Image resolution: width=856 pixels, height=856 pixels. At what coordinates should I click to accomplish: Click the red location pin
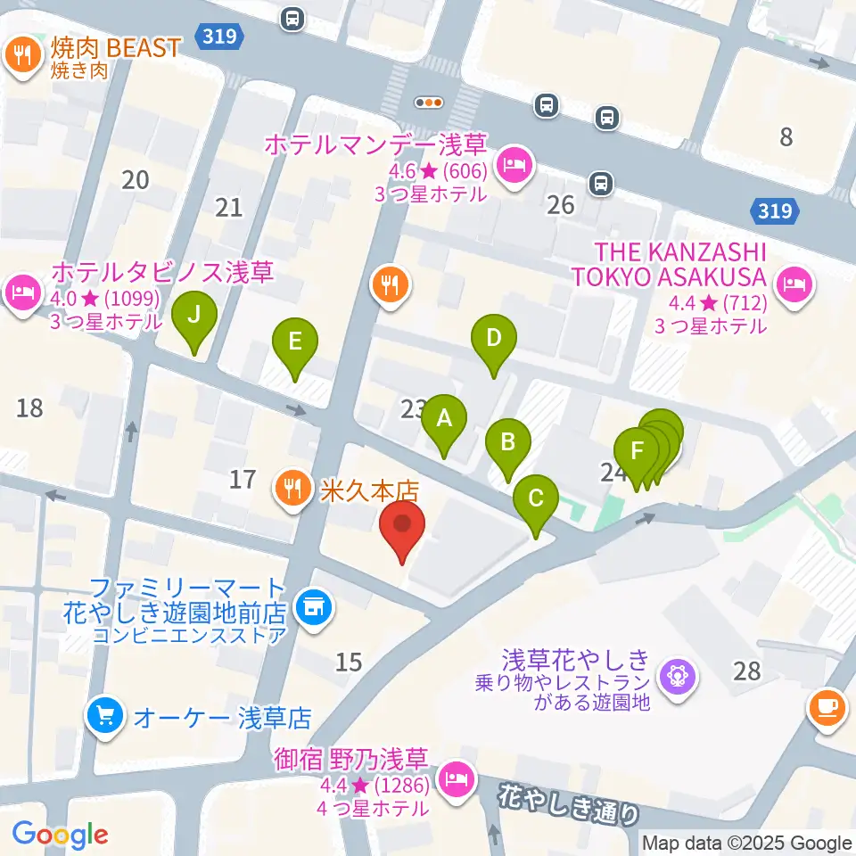[x=401, y=526]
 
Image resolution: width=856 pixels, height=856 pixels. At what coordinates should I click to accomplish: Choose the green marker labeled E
[x=295, y=342]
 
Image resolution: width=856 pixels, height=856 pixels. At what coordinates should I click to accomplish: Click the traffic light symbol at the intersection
[x=430, y=103]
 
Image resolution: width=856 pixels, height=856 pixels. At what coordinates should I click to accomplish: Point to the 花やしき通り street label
[x=571, y=801]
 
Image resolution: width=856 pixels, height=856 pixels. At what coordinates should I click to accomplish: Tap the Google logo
[x=60, y=835]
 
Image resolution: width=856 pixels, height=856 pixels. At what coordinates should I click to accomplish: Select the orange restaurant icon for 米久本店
[x=292, y=488]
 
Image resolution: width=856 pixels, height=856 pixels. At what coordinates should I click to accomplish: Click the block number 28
[x=747, y=670]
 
